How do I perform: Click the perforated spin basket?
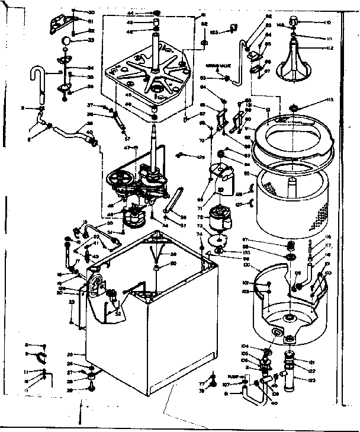291,201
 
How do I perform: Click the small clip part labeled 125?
232,28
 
